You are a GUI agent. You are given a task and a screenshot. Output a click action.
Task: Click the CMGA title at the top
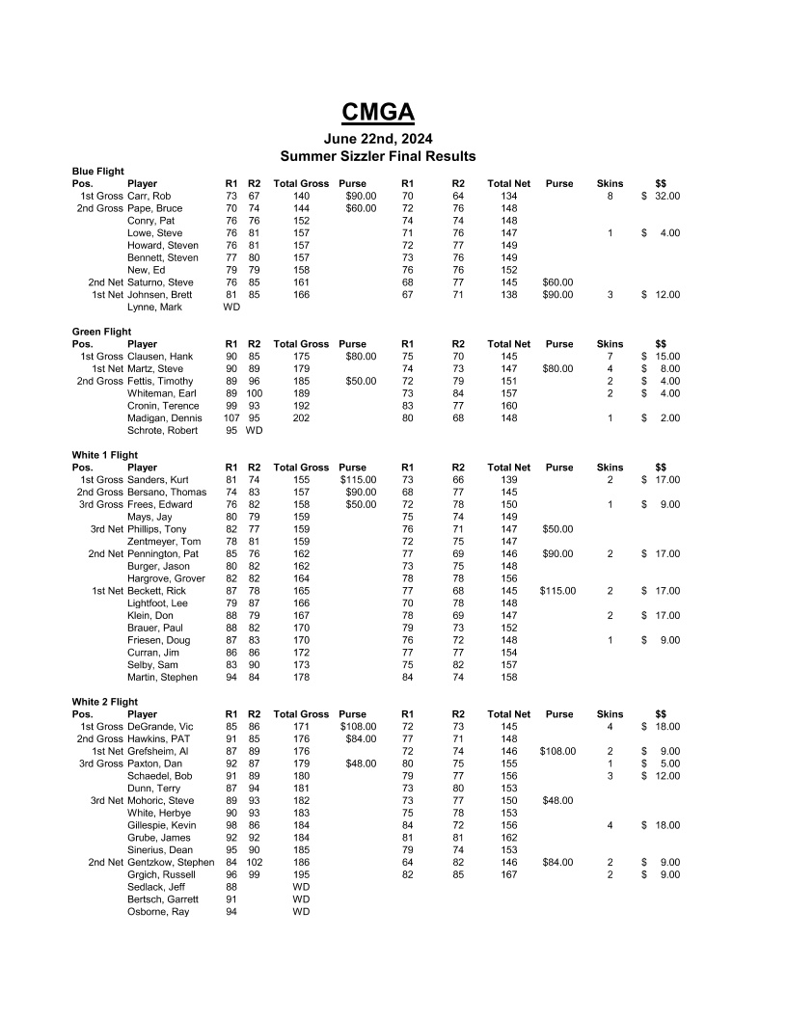tap(378, 113)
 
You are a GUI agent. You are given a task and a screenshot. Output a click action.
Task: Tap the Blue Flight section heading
tap(98, 172)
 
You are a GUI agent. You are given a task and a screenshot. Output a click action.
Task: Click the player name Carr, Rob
tap(150, 196)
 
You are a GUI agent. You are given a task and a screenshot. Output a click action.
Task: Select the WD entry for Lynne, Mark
tap(231, 308)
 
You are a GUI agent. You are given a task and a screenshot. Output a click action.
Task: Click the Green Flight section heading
tap(102, 332)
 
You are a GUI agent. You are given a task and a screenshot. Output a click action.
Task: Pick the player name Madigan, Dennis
tap(165, 418)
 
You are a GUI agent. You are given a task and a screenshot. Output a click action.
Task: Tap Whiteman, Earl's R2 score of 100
tap(254, 393)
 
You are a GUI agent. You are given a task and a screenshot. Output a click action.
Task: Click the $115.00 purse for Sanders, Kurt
tap(358, 479)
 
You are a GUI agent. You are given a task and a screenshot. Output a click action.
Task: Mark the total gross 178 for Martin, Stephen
tap(301, 678)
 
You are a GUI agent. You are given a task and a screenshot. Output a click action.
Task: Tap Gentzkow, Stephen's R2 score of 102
tap(254, 863)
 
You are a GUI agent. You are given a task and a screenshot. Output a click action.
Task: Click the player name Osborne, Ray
tap(158, 912)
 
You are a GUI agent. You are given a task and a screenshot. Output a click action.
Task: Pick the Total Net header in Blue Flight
tap(508, 183)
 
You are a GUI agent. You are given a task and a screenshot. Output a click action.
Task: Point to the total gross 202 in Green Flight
tap(301, 418)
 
